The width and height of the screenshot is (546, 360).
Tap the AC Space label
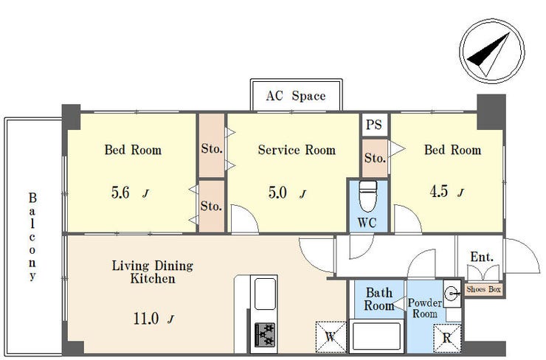click(296, 96)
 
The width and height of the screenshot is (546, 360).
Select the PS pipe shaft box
click(374, 124)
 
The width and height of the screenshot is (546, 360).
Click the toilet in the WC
click(368, 195)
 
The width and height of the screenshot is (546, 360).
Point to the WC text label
click(367, 223)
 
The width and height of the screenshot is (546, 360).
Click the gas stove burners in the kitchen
click(265, 335)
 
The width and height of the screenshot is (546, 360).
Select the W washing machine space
click(331, 336)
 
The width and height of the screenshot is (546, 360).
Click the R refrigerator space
click(447, 338)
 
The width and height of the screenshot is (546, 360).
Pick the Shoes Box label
click(484, 289)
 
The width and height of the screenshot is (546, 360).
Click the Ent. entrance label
click(482, 257)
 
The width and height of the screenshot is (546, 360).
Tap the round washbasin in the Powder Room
click(452, 294)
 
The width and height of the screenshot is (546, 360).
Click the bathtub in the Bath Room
click(376, 336)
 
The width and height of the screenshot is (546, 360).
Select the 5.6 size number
click(120, 193)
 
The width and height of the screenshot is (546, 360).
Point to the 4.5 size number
click(439, 191)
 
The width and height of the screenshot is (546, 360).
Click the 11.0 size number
click(146, 318)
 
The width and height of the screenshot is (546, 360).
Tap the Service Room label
click(297, 150)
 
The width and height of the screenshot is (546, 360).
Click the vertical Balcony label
click(32, 237)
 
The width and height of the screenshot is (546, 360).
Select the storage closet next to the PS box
click(375, 159)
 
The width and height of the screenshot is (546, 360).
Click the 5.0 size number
click(277, 193)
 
